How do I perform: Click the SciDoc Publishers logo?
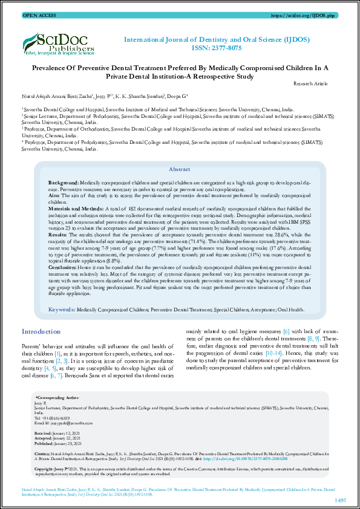coord(58,43)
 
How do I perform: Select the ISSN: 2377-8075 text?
coord(218,48)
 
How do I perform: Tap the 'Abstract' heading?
coord(179,170)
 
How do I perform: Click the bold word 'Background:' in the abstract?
coord(64,182)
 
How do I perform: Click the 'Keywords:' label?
coord(62,309)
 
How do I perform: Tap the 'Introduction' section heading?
coord(41,332)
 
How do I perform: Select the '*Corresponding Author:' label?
coord(57,398)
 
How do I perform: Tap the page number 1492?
coord(340,500)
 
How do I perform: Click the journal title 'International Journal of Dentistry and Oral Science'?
coord(217,39)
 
